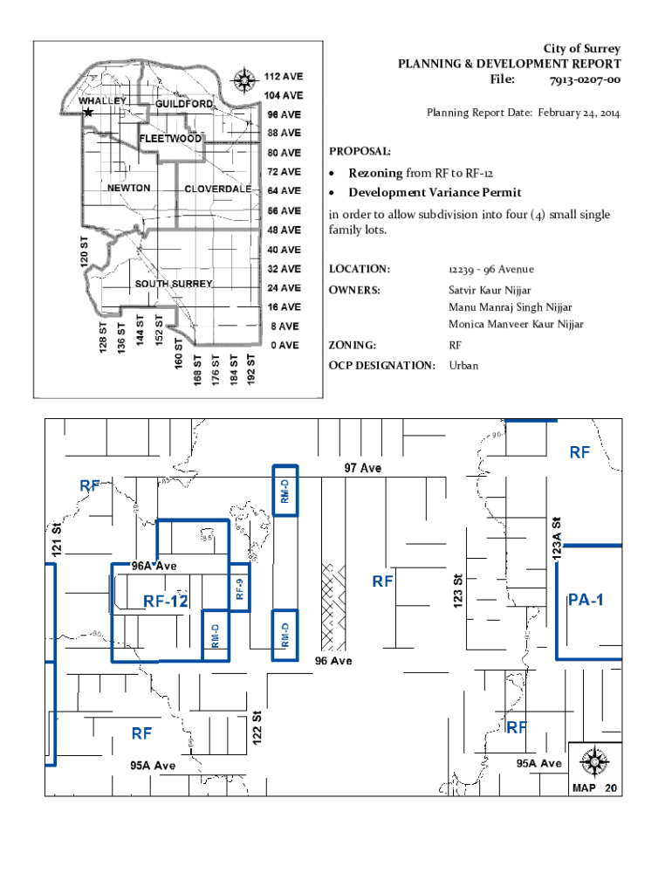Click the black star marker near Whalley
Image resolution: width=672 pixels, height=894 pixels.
(88, 113)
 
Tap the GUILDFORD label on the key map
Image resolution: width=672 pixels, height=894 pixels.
(184, 105)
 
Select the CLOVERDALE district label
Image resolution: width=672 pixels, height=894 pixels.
(217, 189)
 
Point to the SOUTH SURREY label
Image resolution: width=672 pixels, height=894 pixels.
(173, 285)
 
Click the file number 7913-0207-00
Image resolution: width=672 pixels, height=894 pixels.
(585, 80)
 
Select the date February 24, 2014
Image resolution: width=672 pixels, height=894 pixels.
(579, 113)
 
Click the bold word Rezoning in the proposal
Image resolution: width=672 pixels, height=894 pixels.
(375, 173)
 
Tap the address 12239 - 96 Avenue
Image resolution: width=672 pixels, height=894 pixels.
(491, 268)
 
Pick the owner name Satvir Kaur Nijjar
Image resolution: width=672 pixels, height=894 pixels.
(490, 289)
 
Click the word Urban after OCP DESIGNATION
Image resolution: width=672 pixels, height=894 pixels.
(463, 366)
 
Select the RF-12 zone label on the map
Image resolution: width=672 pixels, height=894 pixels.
(166, 600)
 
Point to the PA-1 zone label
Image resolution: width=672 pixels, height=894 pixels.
(586, 600)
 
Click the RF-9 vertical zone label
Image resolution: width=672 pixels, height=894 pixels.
(240, 591)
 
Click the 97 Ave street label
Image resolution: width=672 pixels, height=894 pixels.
(361, 468)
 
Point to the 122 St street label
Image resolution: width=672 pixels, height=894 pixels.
(257, 726)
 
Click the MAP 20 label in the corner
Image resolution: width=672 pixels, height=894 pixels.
(594, 787)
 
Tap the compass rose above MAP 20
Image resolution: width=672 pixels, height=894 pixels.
(594, 761)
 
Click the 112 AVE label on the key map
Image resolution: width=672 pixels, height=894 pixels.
(285, 75)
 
